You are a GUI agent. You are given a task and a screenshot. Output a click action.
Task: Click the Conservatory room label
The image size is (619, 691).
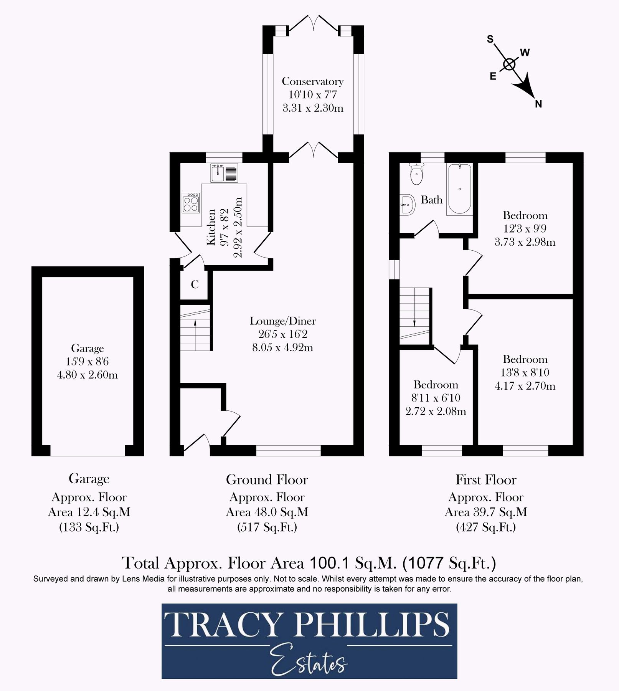[x=312, y=81]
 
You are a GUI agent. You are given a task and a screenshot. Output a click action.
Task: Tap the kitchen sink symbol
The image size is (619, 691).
[x=224, y=173]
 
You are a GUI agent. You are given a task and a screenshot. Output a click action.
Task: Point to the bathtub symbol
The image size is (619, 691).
[x=459, y=189]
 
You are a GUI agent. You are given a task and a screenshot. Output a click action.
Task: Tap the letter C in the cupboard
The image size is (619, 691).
[x=195, y=284]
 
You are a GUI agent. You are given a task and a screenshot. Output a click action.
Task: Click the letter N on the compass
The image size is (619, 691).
[x=538, y=104]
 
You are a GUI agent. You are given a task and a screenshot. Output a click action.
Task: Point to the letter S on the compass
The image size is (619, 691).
[x=490, y=39]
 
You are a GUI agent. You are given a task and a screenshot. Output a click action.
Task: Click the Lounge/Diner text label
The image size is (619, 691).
[x=283, y=321]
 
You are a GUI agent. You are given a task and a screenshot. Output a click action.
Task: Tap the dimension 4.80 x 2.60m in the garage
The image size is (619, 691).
[x=87, y=375]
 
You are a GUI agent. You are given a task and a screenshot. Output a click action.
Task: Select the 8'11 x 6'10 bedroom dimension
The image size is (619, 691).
[x=436, y=398]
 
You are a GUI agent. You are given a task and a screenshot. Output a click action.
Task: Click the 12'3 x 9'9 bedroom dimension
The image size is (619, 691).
[x=525, y=229]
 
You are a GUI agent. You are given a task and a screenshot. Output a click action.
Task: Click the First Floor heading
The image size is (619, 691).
[x=486, y=480]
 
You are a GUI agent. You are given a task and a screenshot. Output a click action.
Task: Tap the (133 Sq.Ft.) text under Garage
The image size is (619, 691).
[x=89, y=527]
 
